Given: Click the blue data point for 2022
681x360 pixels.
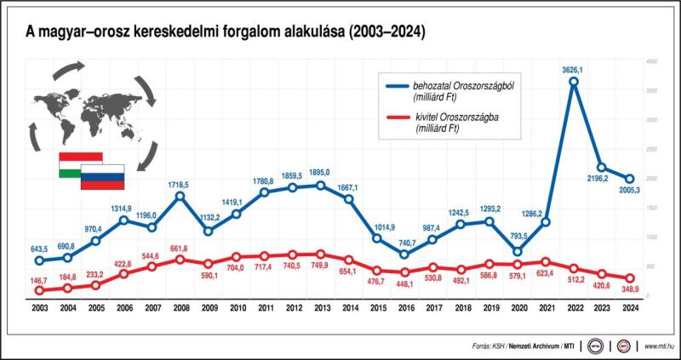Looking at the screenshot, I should [x=575, y=82].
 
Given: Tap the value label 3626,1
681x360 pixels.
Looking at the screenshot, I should [x=575, y=68].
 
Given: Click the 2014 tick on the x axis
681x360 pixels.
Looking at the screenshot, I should [x=349, y=308].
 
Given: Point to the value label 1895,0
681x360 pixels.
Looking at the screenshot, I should [x=319, y=173].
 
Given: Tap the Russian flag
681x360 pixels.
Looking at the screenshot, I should [x=103, y=177].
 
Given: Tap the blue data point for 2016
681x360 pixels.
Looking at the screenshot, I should [x=405, y=254].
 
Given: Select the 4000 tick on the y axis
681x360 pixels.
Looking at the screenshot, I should [x=650, y=62].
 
